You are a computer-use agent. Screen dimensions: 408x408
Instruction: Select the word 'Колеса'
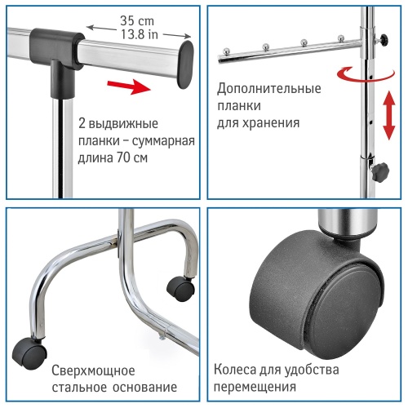(x=235, y=368)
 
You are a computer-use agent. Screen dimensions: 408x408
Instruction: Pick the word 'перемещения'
(x=253, y=386)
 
